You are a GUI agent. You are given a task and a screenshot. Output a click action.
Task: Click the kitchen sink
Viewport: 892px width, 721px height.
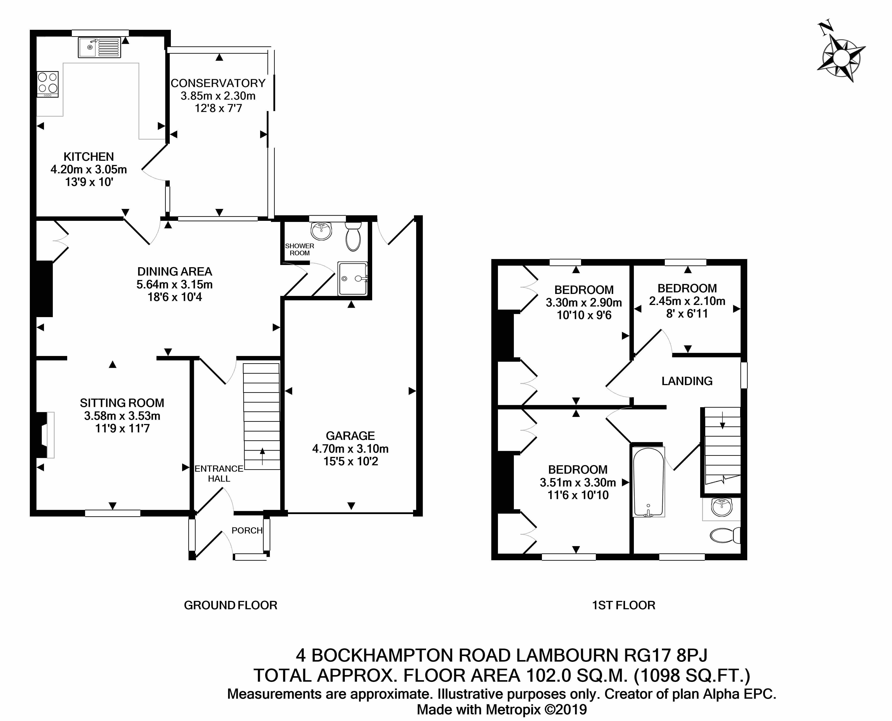(99, 47)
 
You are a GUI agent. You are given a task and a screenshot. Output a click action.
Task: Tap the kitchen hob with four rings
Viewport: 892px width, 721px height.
(48, 84)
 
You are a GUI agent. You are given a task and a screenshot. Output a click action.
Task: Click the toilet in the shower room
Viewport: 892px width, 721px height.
(353, 237)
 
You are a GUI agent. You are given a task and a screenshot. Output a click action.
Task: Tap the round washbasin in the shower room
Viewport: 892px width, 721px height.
(321, 231)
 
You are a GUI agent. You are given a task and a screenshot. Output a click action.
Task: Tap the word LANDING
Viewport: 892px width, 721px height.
(687, 381)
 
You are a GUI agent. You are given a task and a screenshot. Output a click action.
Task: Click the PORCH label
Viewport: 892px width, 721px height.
(247, 530)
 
